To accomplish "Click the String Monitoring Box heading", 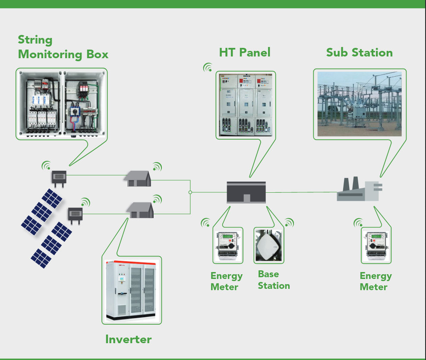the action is pyautogui.click(x=63, y=47).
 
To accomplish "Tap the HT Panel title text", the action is pyautogui.click(x=245, y=52).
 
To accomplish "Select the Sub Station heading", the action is pyautogui.click(x=360, y=52).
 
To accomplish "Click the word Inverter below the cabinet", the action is pyautogui.click(x=128, y=339).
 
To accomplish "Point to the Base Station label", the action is pyautogui.click(x=274, y=280).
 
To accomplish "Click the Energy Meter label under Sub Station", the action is pyautogui.click(x=376, y=282).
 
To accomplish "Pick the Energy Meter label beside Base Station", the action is pyautogui.click(x=227, y=282).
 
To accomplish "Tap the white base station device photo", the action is pyautogui.click(x=268, y=245).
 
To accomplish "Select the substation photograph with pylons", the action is pyautogui.click(x=360, y=104).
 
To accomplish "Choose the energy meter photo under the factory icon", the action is pyautogui.click(x=376, y=245).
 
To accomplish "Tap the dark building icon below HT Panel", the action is pyautogui.click(x=246, y=192).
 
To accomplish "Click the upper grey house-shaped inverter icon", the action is pyautogui.click(x=138, y=178).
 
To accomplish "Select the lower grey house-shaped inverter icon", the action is pyautogui.click(x=140, y=210).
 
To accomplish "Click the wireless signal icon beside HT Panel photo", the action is pyautogui.click(x=208, y=68).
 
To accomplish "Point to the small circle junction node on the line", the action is pyautogui.click(x=190, y=192).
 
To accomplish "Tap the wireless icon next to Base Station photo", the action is pyautogui.click(x=289, y=223).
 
